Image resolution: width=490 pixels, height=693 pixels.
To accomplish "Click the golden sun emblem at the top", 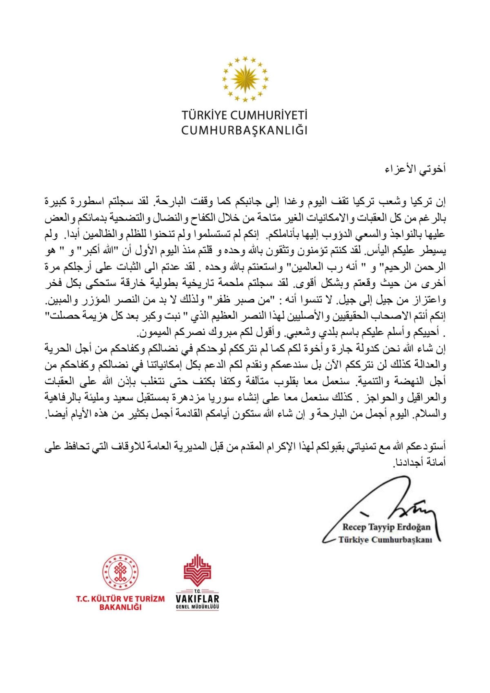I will (245, 78).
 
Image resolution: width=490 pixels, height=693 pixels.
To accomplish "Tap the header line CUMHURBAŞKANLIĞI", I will (245, 130).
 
